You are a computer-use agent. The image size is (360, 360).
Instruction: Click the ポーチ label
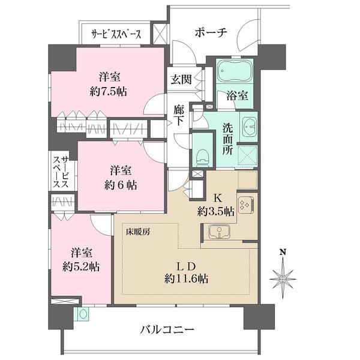pos(211,32)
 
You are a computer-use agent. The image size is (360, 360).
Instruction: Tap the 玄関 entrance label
pos(181,79)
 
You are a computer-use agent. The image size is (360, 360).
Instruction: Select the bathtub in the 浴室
pos(235,71)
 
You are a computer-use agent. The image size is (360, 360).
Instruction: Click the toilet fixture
pos(202,157)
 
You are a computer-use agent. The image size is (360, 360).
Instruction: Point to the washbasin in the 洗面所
pos(248,127)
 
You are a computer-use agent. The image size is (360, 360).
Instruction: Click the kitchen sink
pos(219,232)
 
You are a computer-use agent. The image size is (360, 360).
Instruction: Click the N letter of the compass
pos(283,252)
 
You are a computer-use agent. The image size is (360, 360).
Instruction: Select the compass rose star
pos(283,279)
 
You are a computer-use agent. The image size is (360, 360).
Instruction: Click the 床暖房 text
pos(138,232)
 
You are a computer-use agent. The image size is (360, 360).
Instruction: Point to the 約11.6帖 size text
pos(187,279)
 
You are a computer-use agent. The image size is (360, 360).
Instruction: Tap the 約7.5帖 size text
pos(109,92)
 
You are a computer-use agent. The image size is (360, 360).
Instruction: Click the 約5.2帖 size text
pos(81,267)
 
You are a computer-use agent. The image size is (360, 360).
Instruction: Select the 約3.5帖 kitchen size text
pos(216,211)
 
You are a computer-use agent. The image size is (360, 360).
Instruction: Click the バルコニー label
pos(167,330)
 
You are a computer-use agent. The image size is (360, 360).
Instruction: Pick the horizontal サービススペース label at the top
pos(116,34)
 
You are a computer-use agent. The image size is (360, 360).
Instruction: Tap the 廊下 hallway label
pos(178,116)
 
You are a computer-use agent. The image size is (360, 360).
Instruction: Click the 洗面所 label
pos(227,139)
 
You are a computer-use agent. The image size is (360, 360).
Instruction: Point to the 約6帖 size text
pos(121,185)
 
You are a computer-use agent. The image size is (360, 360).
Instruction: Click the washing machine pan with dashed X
pos(247,155)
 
